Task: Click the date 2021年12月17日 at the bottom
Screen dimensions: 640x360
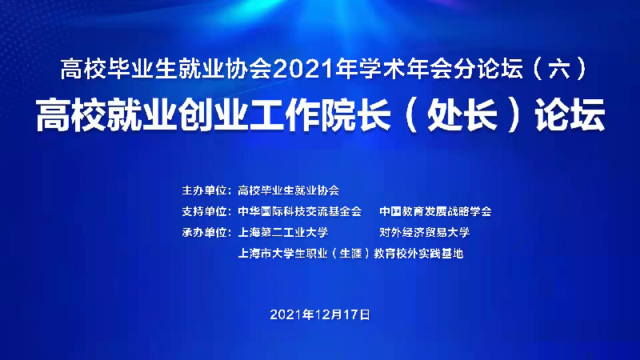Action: (x=320, y=314)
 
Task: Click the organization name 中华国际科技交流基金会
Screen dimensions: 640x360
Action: (x=300, y=211)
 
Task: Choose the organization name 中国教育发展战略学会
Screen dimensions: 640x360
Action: (x=435, y=211)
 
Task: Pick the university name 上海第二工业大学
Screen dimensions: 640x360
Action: (x=283, y=233)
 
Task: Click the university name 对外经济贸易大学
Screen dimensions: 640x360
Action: (x=425, y=233)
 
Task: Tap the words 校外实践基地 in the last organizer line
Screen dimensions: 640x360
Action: (x=430, y=254)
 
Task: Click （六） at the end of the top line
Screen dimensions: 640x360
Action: (x=560, y=69)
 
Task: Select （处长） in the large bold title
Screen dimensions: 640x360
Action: (x=462, y=115)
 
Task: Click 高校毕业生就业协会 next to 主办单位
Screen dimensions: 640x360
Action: (x=289, y=190)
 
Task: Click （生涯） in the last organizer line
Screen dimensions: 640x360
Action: (x=351, y=254)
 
